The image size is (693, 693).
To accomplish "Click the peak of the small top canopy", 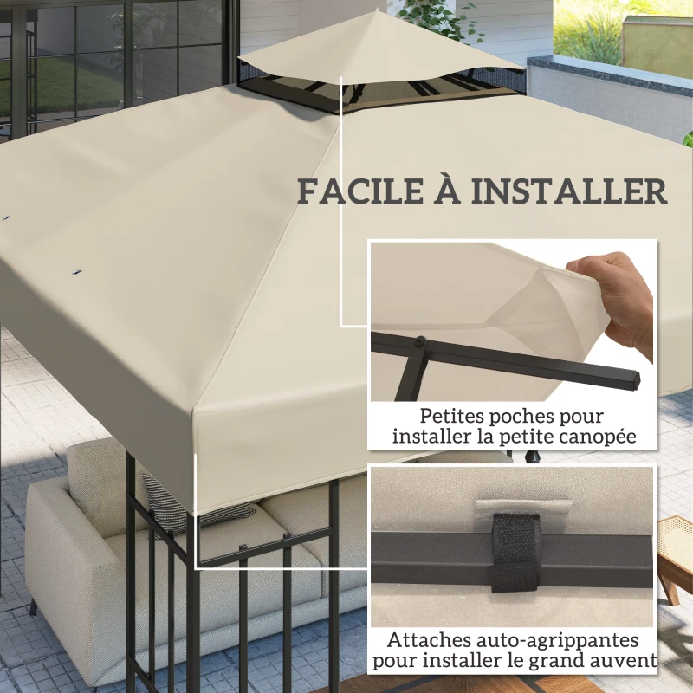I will click(374, 12).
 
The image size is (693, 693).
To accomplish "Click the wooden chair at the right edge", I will click(675, 554).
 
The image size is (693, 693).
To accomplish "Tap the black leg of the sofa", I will click(33, 606).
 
